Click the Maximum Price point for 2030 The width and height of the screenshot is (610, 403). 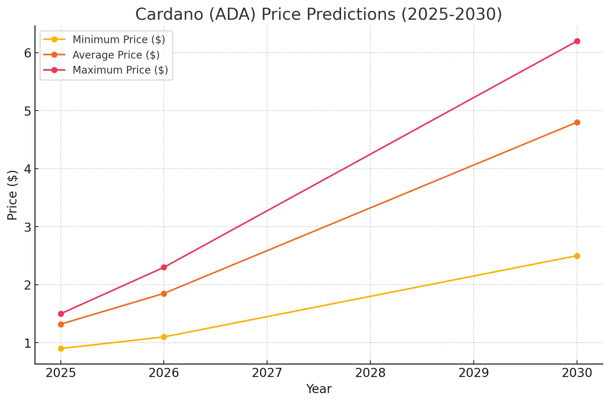click(x=577, y=41)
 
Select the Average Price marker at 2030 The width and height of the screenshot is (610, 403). click(x=577, y=122)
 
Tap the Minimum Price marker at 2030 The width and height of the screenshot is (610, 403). click(x=577, y=256)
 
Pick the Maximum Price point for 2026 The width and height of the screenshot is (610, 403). click(x=164, y=267)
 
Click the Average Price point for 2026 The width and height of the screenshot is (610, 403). click(x=164, y=294)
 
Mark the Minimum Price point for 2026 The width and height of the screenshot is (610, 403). click(x=164, y=337)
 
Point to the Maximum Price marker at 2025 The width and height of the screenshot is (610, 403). click(x=61, y=314)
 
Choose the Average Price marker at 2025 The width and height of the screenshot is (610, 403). click(x=61, y=324)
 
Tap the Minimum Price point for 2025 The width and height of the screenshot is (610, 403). click(x=61, y=348)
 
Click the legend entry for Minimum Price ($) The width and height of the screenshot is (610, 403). click(x=119, y=40)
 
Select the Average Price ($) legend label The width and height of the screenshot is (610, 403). click(x=116, y=55)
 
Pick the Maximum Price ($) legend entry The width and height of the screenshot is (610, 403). click(x=120, y=70)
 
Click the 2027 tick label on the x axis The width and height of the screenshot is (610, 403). click(x=267, y=373)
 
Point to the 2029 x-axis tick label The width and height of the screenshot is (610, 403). click(x=474, y=373)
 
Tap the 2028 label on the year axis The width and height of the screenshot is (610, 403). click(x=370, y=373)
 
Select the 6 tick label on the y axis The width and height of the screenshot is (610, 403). click(x=28, y=53)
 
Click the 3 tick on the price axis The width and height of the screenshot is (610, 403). click(x=28, y=227)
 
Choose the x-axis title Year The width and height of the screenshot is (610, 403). click(x=319, y=389)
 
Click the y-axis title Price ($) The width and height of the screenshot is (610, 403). click(x=12, y=195)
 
